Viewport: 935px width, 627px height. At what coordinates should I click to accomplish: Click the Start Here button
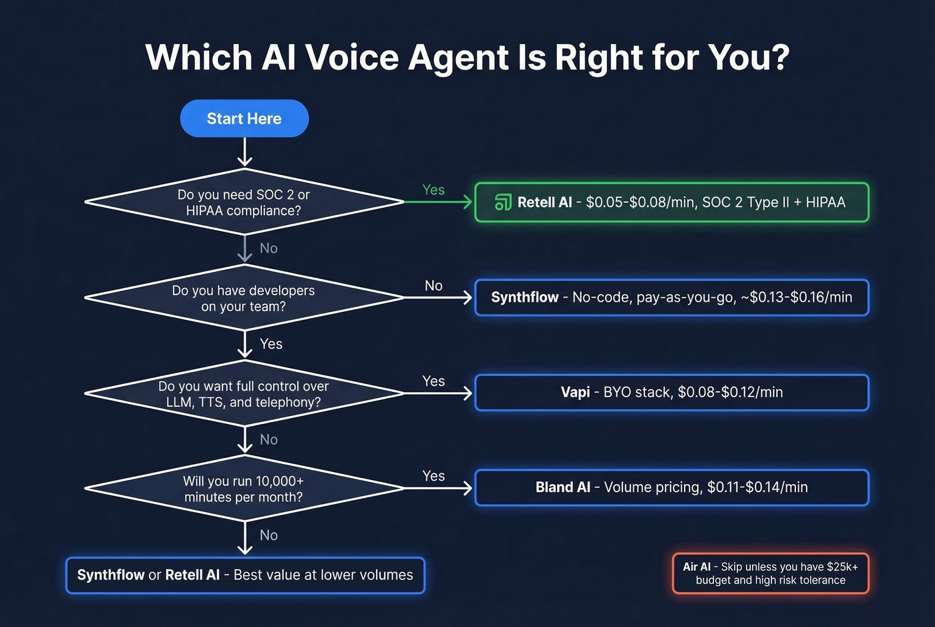coord(244,119)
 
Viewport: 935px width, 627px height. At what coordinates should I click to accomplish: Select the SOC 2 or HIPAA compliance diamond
coord(244,202)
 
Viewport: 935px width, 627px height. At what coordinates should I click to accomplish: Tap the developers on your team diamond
coord(244,298)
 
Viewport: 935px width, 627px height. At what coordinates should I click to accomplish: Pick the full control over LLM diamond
coord(244,394)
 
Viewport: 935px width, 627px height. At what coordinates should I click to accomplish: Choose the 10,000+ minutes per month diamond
coord(244,489)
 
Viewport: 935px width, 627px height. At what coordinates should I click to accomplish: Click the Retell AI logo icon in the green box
coord(503,202)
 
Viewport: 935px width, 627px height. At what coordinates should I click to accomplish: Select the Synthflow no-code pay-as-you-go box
coord(671,298)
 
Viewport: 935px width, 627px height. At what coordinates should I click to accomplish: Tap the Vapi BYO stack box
coord(671,393)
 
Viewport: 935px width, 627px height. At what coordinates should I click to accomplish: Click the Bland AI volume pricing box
coord(671,487)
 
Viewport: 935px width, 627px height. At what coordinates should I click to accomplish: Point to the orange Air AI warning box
coord(770,574)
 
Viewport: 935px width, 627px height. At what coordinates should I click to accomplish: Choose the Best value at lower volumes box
coord(245,575)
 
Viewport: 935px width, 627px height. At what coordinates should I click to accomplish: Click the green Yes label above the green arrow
coord(433,190)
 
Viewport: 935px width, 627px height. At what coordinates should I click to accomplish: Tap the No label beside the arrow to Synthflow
coord(433,286)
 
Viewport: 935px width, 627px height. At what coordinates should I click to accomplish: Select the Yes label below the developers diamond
coord(270,344)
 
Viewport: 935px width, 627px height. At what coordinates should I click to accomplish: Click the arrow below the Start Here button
coord(244,152)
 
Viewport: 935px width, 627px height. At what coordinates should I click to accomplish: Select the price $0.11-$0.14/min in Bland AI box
coord(757,487)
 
